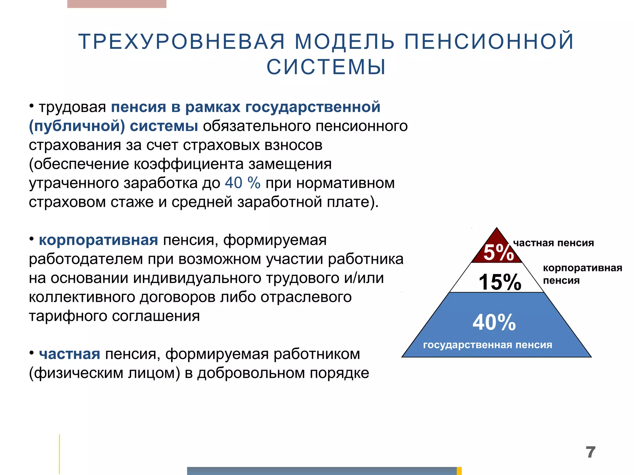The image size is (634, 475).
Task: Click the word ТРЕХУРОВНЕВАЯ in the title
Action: tap(181, 41)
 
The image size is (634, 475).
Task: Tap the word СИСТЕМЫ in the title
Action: tap(326, 67)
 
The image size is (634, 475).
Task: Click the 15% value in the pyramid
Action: tap(500, 282)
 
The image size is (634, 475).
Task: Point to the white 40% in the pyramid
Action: tap(494, 322)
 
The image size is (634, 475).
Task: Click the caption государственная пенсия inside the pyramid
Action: tap(488, 344)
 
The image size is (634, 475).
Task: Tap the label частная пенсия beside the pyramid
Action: tap(554, 243)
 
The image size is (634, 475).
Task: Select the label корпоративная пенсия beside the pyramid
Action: tap(582, 274)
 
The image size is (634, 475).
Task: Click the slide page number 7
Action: tap(590, 452)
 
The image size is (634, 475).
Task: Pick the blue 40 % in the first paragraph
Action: tap(242, 183)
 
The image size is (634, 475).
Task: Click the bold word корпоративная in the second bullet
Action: tap(98, 240)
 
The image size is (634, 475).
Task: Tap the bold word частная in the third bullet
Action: tap(70, 354)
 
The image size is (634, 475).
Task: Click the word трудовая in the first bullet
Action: tap(72, 107)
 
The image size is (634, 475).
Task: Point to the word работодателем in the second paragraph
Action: tap(86, 259)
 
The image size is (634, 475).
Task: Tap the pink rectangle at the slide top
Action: tap(117, 4)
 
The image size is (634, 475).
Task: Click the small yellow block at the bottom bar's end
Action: tap(459, 471)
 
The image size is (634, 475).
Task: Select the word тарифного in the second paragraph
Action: tap(68, 316)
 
